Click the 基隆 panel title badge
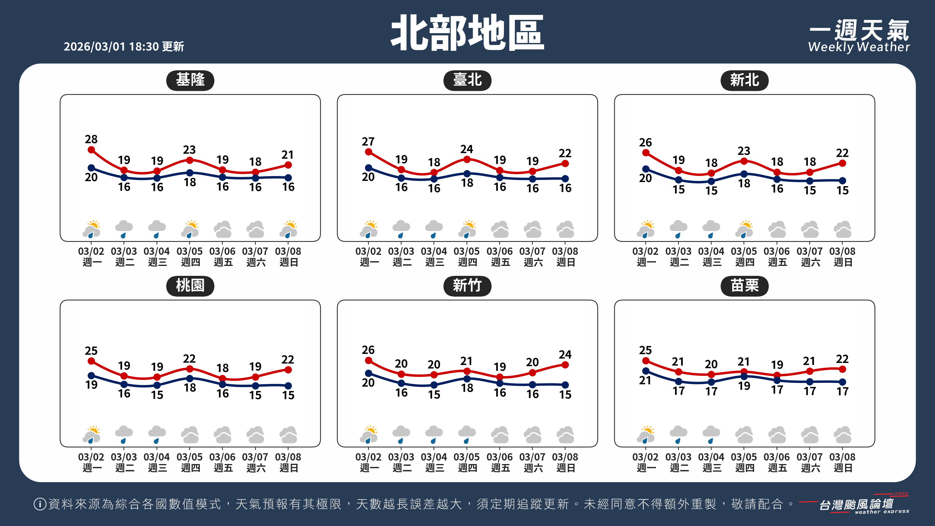(x=190, y=80)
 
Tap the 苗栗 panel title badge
(x=744, y=286)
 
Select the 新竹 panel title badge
(x=467, y=286)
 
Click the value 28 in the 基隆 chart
(x=91, y=139)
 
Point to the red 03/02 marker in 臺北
(x=368, y=152)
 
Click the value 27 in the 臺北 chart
(x=368, y=141)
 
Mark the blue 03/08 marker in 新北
(x=842, y=180)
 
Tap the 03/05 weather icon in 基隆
(x=190, y=229)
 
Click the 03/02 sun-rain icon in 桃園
(x=91, y=435)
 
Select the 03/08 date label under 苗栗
(x=842, y=457)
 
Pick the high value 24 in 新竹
(x=565, y=354)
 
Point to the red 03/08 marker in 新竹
(x=565, y=365)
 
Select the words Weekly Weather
(x=859, y=47)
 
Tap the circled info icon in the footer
(x=39, y=504)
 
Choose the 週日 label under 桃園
(x=289, y=468)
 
